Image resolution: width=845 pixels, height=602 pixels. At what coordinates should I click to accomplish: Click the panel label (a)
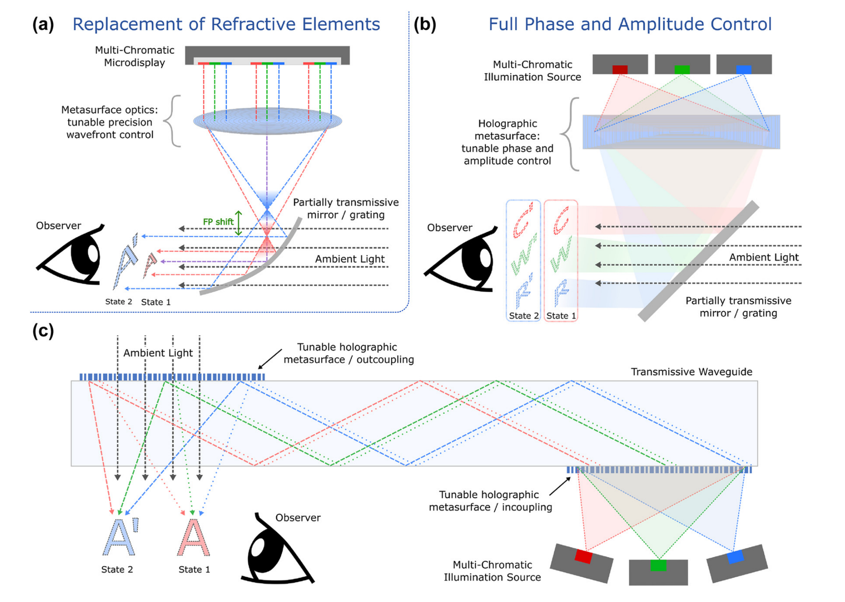pyautogui.click(x=43, y=24)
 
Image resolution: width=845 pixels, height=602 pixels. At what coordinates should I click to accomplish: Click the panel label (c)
pyautogui.click(x=43, y=331)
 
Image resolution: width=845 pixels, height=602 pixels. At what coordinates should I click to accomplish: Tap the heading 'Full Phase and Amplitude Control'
pyautogui.click(x=630, y=24)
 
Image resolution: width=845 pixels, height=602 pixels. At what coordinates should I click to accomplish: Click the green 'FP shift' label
pyautogui.click(x=218, y=222)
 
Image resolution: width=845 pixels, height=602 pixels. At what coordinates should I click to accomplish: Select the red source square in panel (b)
pyautogui.click(x=619, y=69)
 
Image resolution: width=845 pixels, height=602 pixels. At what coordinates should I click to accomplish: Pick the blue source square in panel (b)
pyautogui.click(x=743, y=69)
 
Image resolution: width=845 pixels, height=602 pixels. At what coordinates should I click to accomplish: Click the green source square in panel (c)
pyautogui.click(x=658, y=566)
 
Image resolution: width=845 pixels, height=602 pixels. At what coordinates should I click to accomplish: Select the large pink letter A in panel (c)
pyautogui.click(x=193, y=538)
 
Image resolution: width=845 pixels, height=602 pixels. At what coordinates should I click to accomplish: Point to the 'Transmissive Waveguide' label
pyautogui.click(x=691, y=372)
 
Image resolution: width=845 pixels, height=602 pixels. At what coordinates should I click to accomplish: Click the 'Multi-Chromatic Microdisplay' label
pyautogui.click(x=134, y=57)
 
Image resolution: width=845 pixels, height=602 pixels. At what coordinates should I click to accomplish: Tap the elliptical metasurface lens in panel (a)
pyautogui.click(x=267, y=121)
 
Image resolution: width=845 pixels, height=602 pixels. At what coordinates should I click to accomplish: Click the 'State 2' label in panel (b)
pyautogui.click(x=523, y=316)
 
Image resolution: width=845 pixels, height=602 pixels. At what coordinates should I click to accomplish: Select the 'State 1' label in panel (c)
pyautogui.click(x=194, y=569)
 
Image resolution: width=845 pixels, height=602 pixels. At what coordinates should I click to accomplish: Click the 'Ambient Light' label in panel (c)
pyautogui.click(x=158, y=353)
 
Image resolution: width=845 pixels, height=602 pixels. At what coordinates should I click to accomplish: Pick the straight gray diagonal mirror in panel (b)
pyautogui.click(x=698, y=261)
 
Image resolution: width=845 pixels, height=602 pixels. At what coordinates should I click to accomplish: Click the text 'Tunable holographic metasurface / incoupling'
pyautogui.click(x=490, y=501)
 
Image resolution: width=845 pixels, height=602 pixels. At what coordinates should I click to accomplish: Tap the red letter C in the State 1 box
pyautogui.click(x=561, y=220)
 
